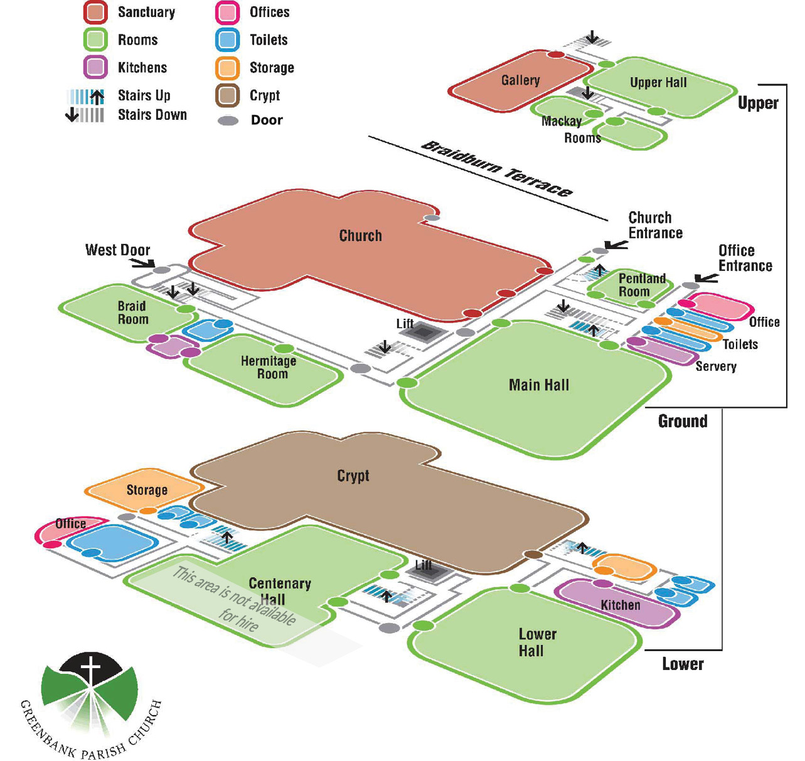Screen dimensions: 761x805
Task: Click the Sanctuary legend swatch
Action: coord(96,13)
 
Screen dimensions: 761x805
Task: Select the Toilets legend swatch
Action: coord(227,40)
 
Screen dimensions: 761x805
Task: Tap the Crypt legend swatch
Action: coord(227,95)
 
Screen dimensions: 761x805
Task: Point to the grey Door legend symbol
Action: coord(228,120)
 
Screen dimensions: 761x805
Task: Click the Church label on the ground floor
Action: coord(360,236)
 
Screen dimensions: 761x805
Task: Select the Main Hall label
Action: coord(538,385)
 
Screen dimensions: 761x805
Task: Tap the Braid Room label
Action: coord(133,312)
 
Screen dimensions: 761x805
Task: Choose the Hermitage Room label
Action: coord(269,367)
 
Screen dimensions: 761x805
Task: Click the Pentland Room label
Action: coord(641,285)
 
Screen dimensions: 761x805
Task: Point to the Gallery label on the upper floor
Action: coord(520,80)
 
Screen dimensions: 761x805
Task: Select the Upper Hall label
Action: coord(658,83)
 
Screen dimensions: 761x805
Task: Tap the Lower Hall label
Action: coord(536,642)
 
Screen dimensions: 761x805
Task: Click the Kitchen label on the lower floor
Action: coord(620,605)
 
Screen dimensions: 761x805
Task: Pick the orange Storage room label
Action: coord(147,490)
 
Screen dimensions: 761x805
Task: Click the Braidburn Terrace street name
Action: coord(496,168)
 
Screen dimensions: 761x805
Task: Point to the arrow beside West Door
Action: coord(142,263)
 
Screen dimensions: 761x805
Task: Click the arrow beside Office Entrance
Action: coord(706,278)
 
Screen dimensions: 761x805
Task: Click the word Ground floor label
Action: coord(683,421)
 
